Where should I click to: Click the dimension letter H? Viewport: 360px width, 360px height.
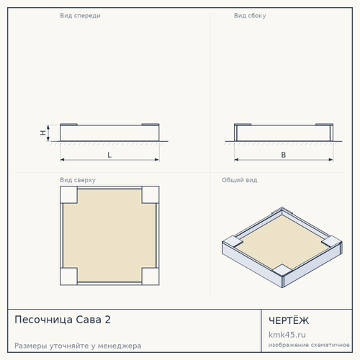coord(43,132)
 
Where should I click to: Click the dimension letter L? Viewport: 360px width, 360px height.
coord(109,155)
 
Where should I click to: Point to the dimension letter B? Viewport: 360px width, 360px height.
coord(284,155)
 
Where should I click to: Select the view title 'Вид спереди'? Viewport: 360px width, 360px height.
coord(80,16)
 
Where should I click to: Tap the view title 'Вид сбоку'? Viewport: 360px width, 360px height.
coord(250,16)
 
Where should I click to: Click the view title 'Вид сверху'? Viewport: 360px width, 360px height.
coord(78,180)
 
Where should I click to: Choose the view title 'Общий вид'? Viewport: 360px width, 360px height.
coord(240,180)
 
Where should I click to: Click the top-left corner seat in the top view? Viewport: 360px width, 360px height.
coord(68,195)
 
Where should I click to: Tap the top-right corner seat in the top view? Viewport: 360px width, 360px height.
coord(150,195)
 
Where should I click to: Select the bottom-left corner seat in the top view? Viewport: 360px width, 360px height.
coord(68,276)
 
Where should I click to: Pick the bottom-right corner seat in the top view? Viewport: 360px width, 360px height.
coord(150,276)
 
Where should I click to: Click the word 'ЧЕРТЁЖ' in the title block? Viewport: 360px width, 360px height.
coord(289,320)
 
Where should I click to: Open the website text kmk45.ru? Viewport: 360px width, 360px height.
coord(287,335)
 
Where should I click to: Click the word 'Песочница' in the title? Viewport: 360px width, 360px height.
coord(44,320)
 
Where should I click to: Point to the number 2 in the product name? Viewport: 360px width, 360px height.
coord(108,320)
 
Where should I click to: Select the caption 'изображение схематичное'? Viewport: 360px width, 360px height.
coord(309,345)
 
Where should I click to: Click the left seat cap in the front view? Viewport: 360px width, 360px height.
coord(68,125)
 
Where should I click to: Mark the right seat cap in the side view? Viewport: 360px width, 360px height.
coord(325,125)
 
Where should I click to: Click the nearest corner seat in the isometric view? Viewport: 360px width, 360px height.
coord(282,270)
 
